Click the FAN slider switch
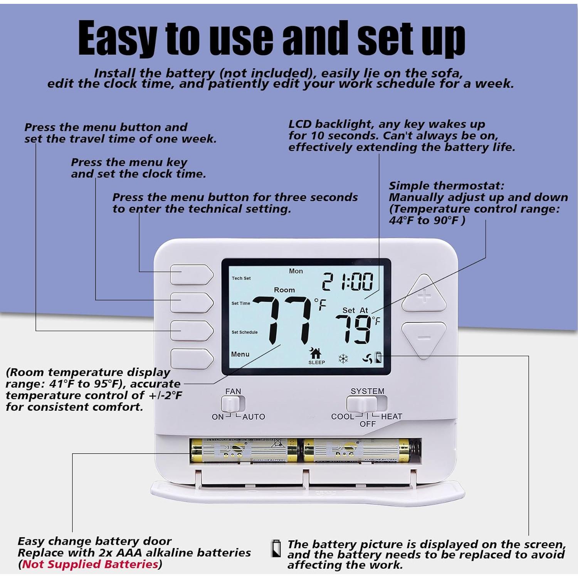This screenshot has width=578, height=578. (233, 404)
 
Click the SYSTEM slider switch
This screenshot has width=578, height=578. (362, 404)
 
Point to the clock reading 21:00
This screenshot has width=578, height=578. (348, 281)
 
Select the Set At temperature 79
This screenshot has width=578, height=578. (353, 329)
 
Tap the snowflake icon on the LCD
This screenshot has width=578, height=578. (343, 359)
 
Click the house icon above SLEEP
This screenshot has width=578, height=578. (316, 352)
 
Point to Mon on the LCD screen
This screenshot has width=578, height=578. (296, 271)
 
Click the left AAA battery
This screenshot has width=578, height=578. (244, 450)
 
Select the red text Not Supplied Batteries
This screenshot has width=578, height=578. (90, 564)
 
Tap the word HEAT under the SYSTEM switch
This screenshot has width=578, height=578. (391, 417)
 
